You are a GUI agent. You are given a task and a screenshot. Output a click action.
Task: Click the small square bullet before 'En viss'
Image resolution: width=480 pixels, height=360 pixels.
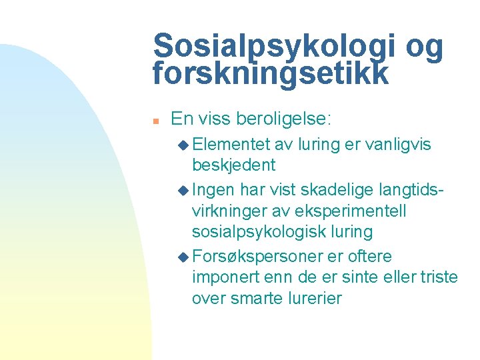pos(154,121)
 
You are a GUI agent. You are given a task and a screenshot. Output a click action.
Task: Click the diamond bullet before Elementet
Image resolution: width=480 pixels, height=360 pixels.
pos(183,144)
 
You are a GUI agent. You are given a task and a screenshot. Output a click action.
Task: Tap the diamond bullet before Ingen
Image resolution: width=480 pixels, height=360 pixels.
pos(183,190)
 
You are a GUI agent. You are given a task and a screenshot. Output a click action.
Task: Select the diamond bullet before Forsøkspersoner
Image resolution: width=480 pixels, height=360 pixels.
pos(183,257)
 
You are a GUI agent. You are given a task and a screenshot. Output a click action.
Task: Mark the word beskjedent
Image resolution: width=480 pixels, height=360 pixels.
pos(233,165)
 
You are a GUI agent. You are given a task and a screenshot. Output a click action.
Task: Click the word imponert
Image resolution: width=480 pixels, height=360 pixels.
pos(223,277)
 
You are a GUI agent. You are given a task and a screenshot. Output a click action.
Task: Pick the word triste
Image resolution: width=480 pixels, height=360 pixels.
pos(437,277)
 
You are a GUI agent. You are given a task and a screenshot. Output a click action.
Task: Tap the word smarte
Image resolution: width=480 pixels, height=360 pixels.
pos(256,298)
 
